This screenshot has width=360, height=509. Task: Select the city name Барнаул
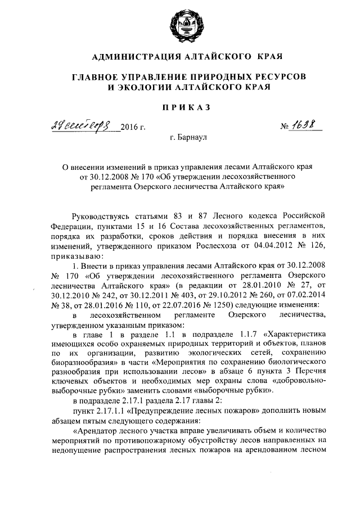tap(191, 138)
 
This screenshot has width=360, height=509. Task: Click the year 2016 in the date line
tap(132, 126)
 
